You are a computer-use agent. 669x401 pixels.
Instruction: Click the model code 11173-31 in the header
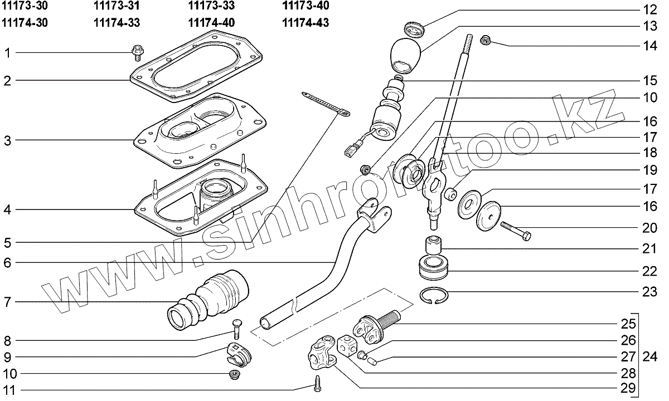pos(117,6)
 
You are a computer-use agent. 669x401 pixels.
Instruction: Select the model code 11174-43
pos(306,23)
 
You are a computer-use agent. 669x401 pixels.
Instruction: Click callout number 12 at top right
pos(649,9)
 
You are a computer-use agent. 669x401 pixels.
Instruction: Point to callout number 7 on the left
pos(7,302)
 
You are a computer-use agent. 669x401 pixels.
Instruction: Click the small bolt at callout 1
pos(137,52)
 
